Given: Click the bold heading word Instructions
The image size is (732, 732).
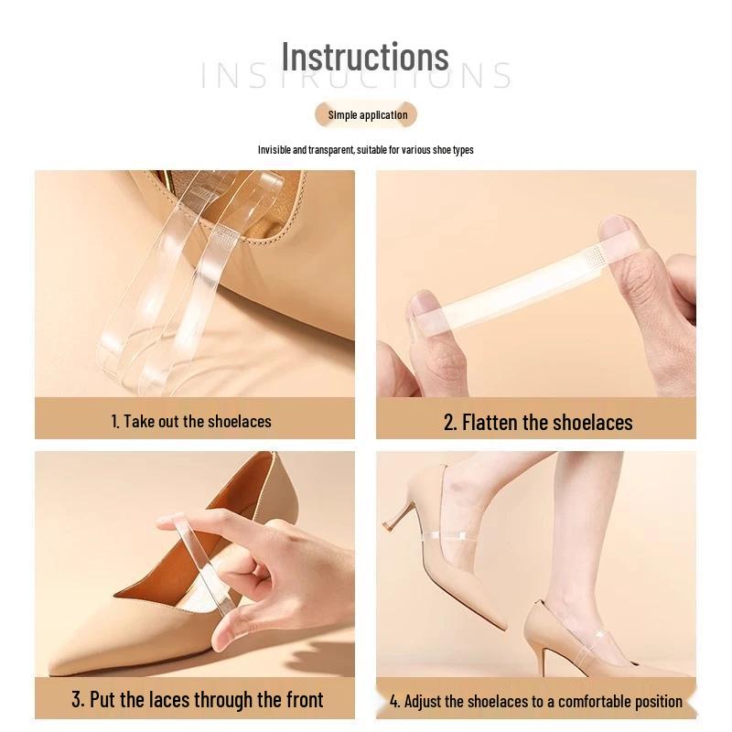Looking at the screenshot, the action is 365,57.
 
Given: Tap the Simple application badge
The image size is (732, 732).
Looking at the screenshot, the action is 366,115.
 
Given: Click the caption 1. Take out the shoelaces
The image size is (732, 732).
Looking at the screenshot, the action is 191,421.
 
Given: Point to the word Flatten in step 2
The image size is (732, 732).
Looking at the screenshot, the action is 490,423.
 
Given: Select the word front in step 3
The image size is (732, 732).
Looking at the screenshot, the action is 305,699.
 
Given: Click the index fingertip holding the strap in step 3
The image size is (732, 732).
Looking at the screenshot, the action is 168,522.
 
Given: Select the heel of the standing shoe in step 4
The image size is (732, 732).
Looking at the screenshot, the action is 546,652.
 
